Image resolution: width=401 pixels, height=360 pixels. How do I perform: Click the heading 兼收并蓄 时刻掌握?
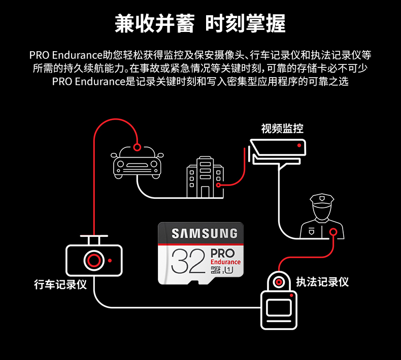(201, 23)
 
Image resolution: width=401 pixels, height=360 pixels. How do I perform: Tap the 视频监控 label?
(282, 129)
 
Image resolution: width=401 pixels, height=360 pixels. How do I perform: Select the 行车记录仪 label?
(60, 284)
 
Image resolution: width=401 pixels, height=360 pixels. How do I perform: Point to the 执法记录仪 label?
(322, 282)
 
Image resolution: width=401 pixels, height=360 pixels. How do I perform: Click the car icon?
(137, 162)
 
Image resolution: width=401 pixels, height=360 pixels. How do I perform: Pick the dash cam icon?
(94, 259)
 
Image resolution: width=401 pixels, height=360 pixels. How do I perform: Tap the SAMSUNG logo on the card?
(204, 234)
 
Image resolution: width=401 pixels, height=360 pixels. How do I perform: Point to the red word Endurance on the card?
(225, 262)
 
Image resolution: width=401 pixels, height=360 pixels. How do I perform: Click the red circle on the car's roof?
(137, 147)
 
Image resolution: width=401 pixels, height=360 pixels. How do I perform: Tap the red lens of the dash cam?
(93, 261)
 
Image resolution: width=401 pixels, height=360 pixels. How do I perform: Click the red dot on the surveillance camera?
(299, 146)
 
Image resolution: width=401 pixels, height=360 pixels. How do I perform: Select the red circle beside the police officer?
(333, 233)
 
